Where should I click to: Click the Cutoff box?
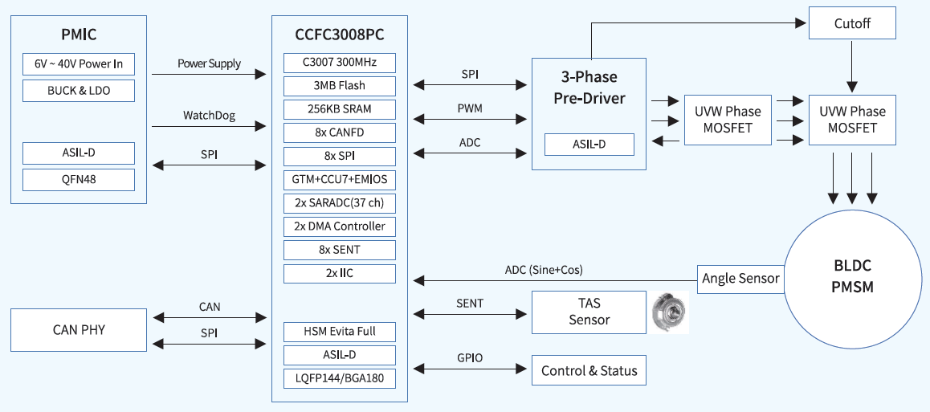(x=851, y=24)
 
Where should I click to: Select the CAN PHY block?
(x=79, y=329)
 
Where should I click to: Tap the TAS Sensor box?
(x=589, y=312)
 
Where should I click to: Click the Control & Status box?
(x=589, y=370)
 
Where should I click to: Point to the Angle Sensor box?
(x=740, y=279)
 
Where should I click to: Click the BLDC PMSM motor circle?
(x=852, y=276)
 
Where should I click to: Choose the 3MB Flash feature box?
(x=340, y=85)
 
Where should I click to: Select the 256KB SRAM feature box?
(x=340, y=108)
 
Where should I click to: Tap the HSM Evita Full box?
(x=340, y=331)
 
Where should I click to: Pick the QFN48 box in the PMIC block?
(x=79, y=179)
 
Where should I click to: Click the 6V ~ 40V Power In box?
(x=79, y=64)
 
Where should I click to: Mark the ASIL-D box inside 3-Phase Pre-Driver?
(x=589, y=145)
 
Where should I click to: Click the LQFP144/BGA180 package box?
(x=340, y=377)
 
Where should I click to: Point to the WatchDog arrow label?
(x=209, y=116)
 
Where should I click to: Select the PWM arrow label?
(x=470, y=108)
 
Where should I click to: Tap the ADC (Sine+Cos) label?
(x=544, y=270)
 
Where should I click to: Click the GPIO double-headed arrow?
(x=470, y=369)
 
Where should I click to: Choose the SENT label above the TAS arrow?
(x=470, y=303)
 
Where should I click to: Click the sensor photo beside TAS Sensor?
(x=669, y=312)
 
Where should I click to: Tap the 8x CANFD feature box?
(x=340, y=132)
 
